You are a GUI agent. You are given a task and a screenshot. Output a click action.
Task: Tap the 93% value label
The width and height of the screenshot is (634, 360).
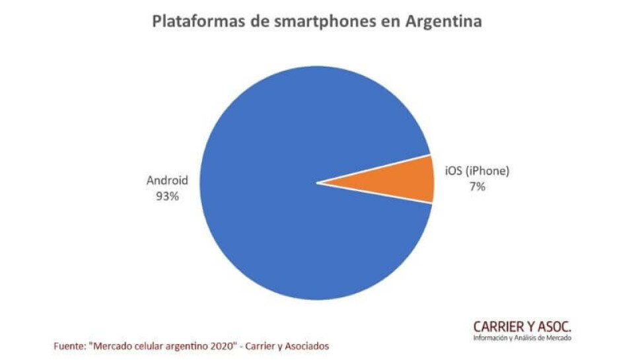click(166, 196)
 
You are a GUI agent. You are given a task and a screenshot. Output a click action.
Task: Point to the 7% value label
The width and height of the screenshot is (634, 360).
click(477, 187)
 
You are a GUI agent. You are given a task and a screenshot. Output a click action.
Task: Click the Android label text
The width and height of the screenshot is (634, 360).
click(167, 180)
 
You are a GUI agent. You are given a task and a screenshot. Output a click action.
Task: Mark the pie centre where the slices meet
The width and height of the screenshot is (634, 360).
click(317, 182)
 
